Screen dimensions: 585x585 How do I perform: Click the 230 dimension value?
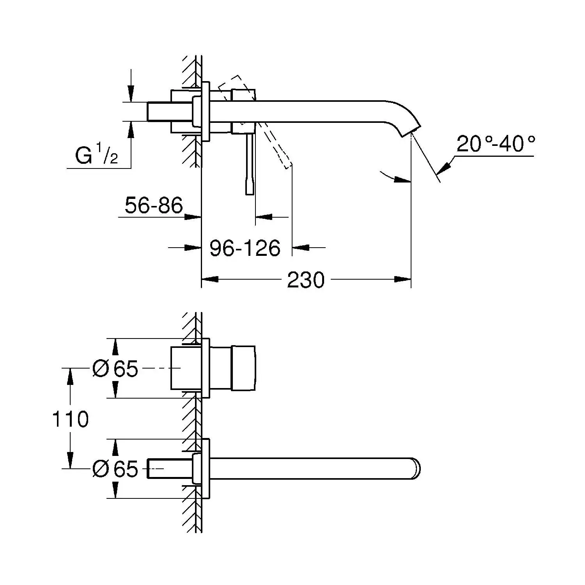coord(305,280)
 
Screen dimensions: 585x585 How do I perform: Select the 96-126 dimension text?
coord(245,248)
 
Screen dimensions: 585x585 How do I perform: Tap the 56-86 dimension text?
coord(154,206)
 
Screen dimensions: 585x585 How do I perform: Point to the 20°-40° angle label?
coord(495,144)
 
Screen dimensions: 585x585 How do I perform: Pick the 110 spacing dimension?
coord(71,419)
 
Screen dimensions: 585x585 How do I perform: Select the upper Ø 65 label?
coord(115,368)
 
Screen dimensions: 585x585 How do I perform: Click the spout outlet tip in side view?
coord(411,130)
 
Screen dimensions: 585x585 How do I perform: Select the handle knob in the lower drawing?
coord(244,368)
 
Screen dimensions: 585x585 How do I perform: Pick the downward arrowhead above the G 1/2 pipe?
coord(131,96)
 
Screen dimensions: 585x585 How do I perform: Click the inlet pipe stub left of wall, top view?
coord(159,112)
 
